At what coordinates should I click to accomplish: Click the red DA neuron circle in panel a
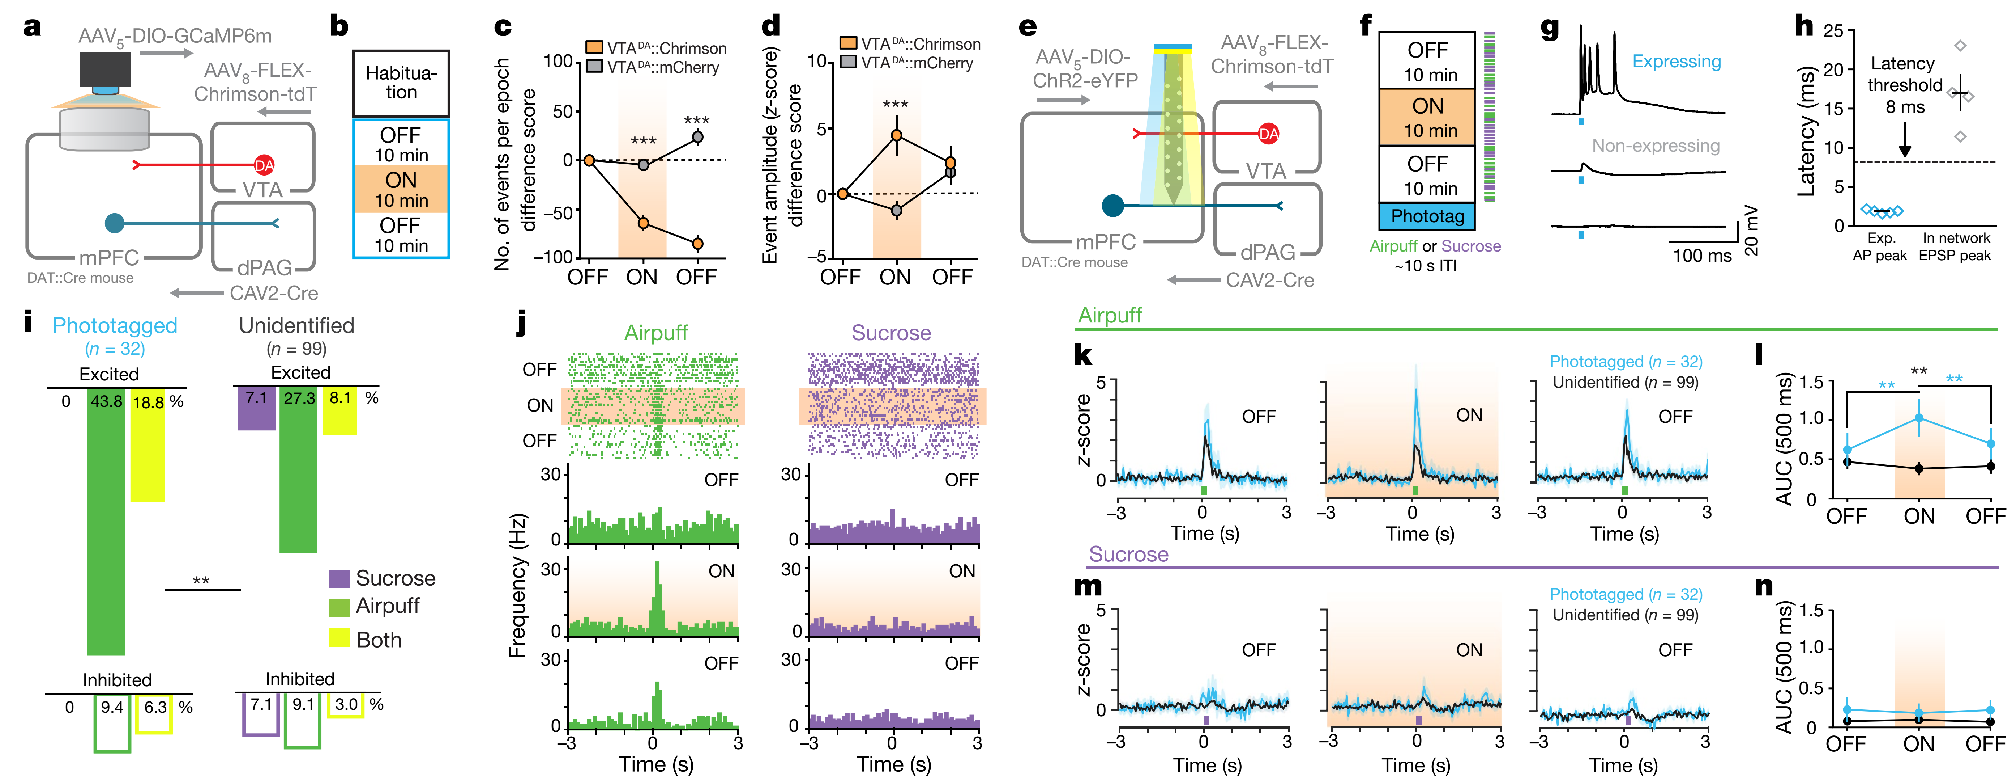[x=265, y=165]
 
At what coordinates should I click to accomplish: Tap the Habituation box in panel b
[x=401, y=83]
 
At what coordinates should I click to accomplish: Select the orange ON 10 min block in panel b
[x=401, y=189]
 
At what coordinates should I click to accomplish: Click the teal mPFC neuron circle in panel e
[x=1112, y=206]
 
